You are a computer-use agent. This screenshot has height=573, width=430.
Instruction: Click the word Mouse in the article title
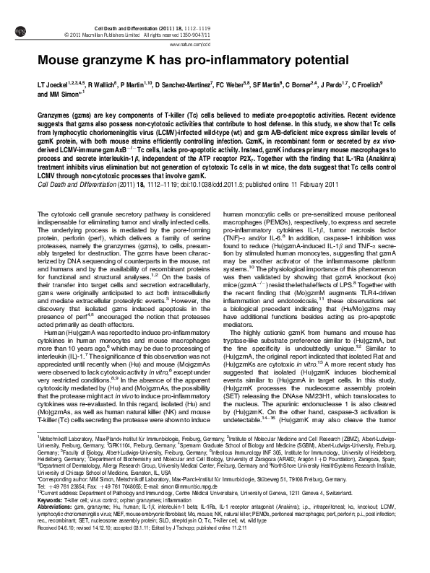[58, 60]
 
